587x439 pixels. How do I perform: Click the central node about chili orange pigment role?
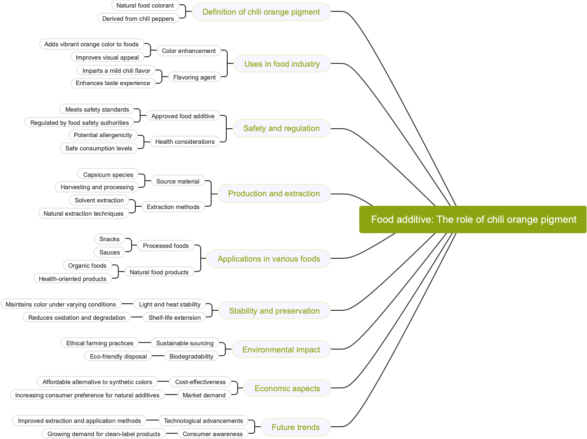(473, 219)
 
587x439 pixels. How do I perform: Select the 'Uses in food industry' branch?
(282, 64)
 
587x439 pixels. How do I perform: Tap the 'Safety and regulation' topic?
(281, 128)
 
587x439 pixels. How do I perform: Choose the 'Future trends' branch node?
(295, 427)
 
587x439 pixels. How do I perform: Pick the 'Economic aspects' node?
(287, 388)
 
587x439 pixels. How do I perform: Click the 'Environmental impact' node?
(281, 350)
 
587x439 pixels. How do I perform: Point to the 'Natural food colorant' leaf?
(145, 6)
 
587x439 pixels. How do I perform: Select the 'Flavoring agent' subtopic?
(194, 77)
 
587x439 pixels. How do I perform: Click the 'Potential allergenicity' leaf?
(103, 135)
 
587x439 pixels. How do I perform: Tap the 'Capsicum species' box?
(108, 175)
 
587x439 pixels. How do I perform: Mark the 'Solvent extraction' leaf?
(99, 200)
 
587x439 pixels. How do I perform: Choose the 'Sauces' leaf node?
(109, 252)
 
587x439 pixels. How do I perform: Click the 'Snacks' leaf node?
(109, 239)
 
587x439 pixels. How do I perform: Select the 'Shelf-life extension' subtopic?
(174, 317)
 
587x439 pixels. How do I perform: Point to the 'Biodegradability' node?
(191, 356)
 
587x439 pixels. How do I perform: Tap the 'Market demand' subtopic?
(204, 395)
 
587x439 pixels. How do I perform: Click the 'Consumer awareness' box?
(213, 434)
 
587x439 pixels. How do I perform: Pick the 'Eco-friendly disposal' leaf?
(118, 356)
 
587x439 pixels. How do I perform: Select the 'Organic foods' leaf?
(87, 265)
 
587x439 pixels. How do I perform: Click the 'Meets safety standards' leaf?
(97, 109)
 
